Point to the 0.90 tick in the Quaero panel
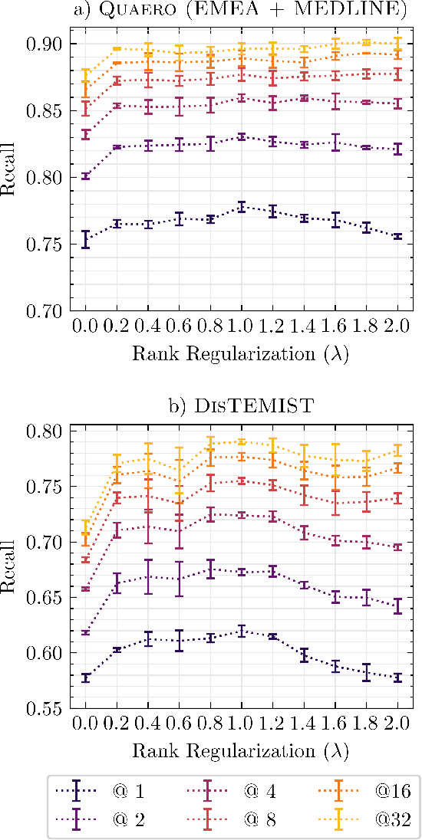(46, 44)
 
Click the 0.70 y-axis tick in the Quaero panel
(46, 310)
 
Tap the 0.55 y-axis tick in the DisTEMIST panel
(46, 709)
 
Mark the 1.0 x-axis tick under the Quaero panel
(241, 326)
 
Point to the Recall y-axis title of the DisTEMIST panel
(11, 569)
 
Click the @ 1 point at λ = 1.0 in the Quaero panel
(241, 207)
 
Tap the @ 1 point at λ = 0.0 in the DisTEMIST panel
(86, 678)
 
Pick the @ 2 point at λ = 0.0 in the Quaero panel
(86, 176)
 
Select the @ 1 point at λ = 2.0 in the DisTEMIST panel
(397, 678)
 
